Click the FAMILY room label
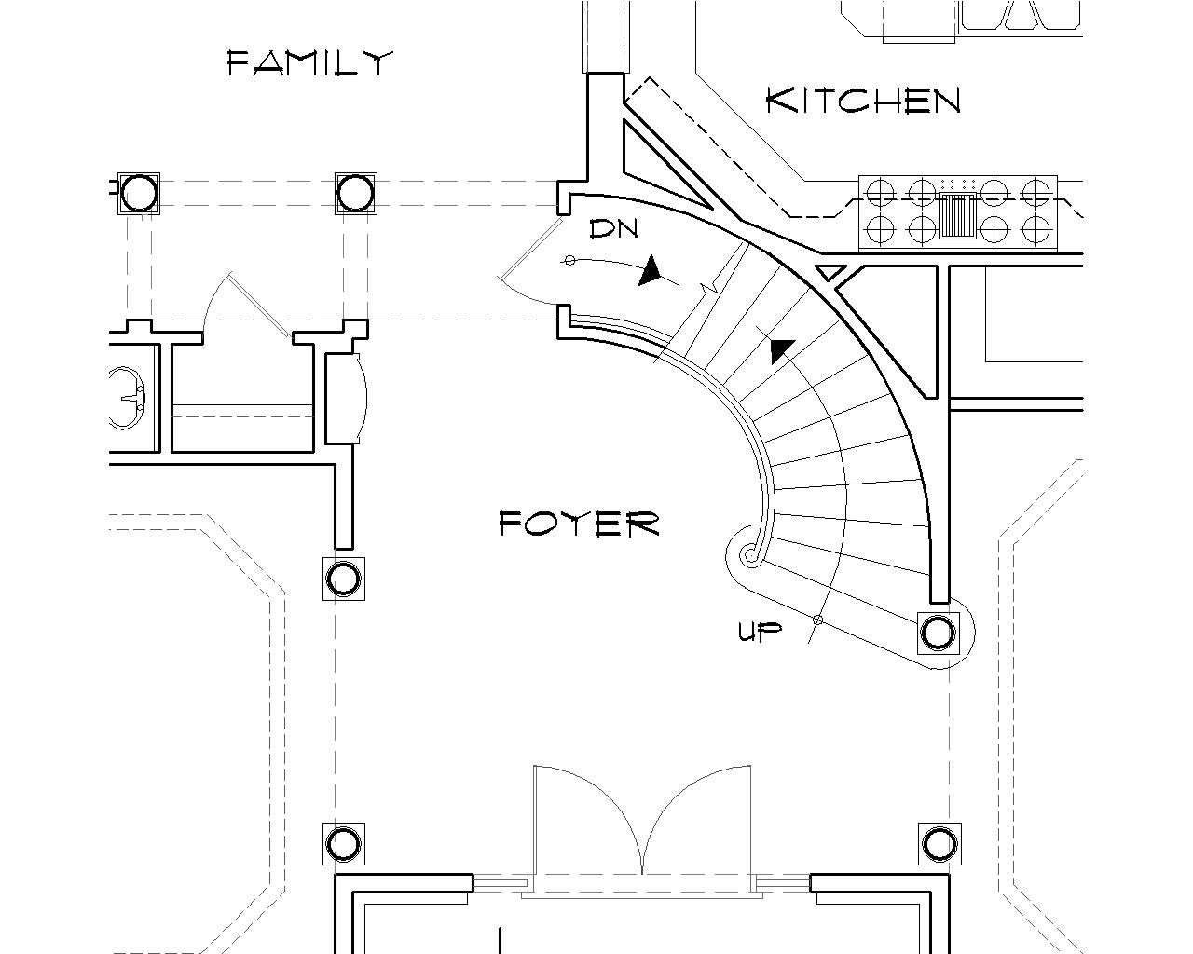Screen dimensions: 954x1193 [x=310, y=63]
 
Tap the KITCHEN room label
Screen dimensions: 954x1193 [x=862, y=100]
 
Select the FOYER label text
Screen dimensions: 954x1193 [x=579, y=524]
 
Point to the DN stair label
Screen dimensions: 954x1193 [x=613, y=229]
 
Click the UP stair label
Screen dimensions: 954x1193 [x=760, y=633]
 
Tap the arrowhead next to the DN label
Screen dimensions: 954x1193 [x=651, y=271]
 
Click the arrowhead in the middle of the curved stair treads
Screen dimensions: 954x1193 [x=781, y=350]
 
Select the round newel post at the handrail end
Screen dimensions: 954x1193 [x=750, y=556]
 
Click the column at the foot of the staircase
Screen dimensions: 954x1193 [x=938, y=633]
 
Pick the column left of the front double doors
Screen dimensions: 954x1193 [x=343, y=844]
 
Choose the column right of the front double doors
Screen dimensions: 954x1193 [x=938, y=844]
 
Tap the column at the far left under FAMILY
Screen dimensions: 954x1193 [x=139, y=194]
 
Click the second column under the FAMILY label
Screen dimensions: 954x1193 [x=355, y=194]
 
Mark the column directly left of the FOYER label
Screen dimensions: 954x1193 [x=343, y=579]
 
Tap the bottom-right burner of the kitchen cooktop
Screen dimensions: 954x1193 [x=1035, y=228]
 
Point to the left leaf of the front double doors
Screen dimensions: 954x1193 [x=587, y=820]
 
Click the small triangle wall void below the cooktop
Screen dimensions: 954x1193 [x=829, y=272]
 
